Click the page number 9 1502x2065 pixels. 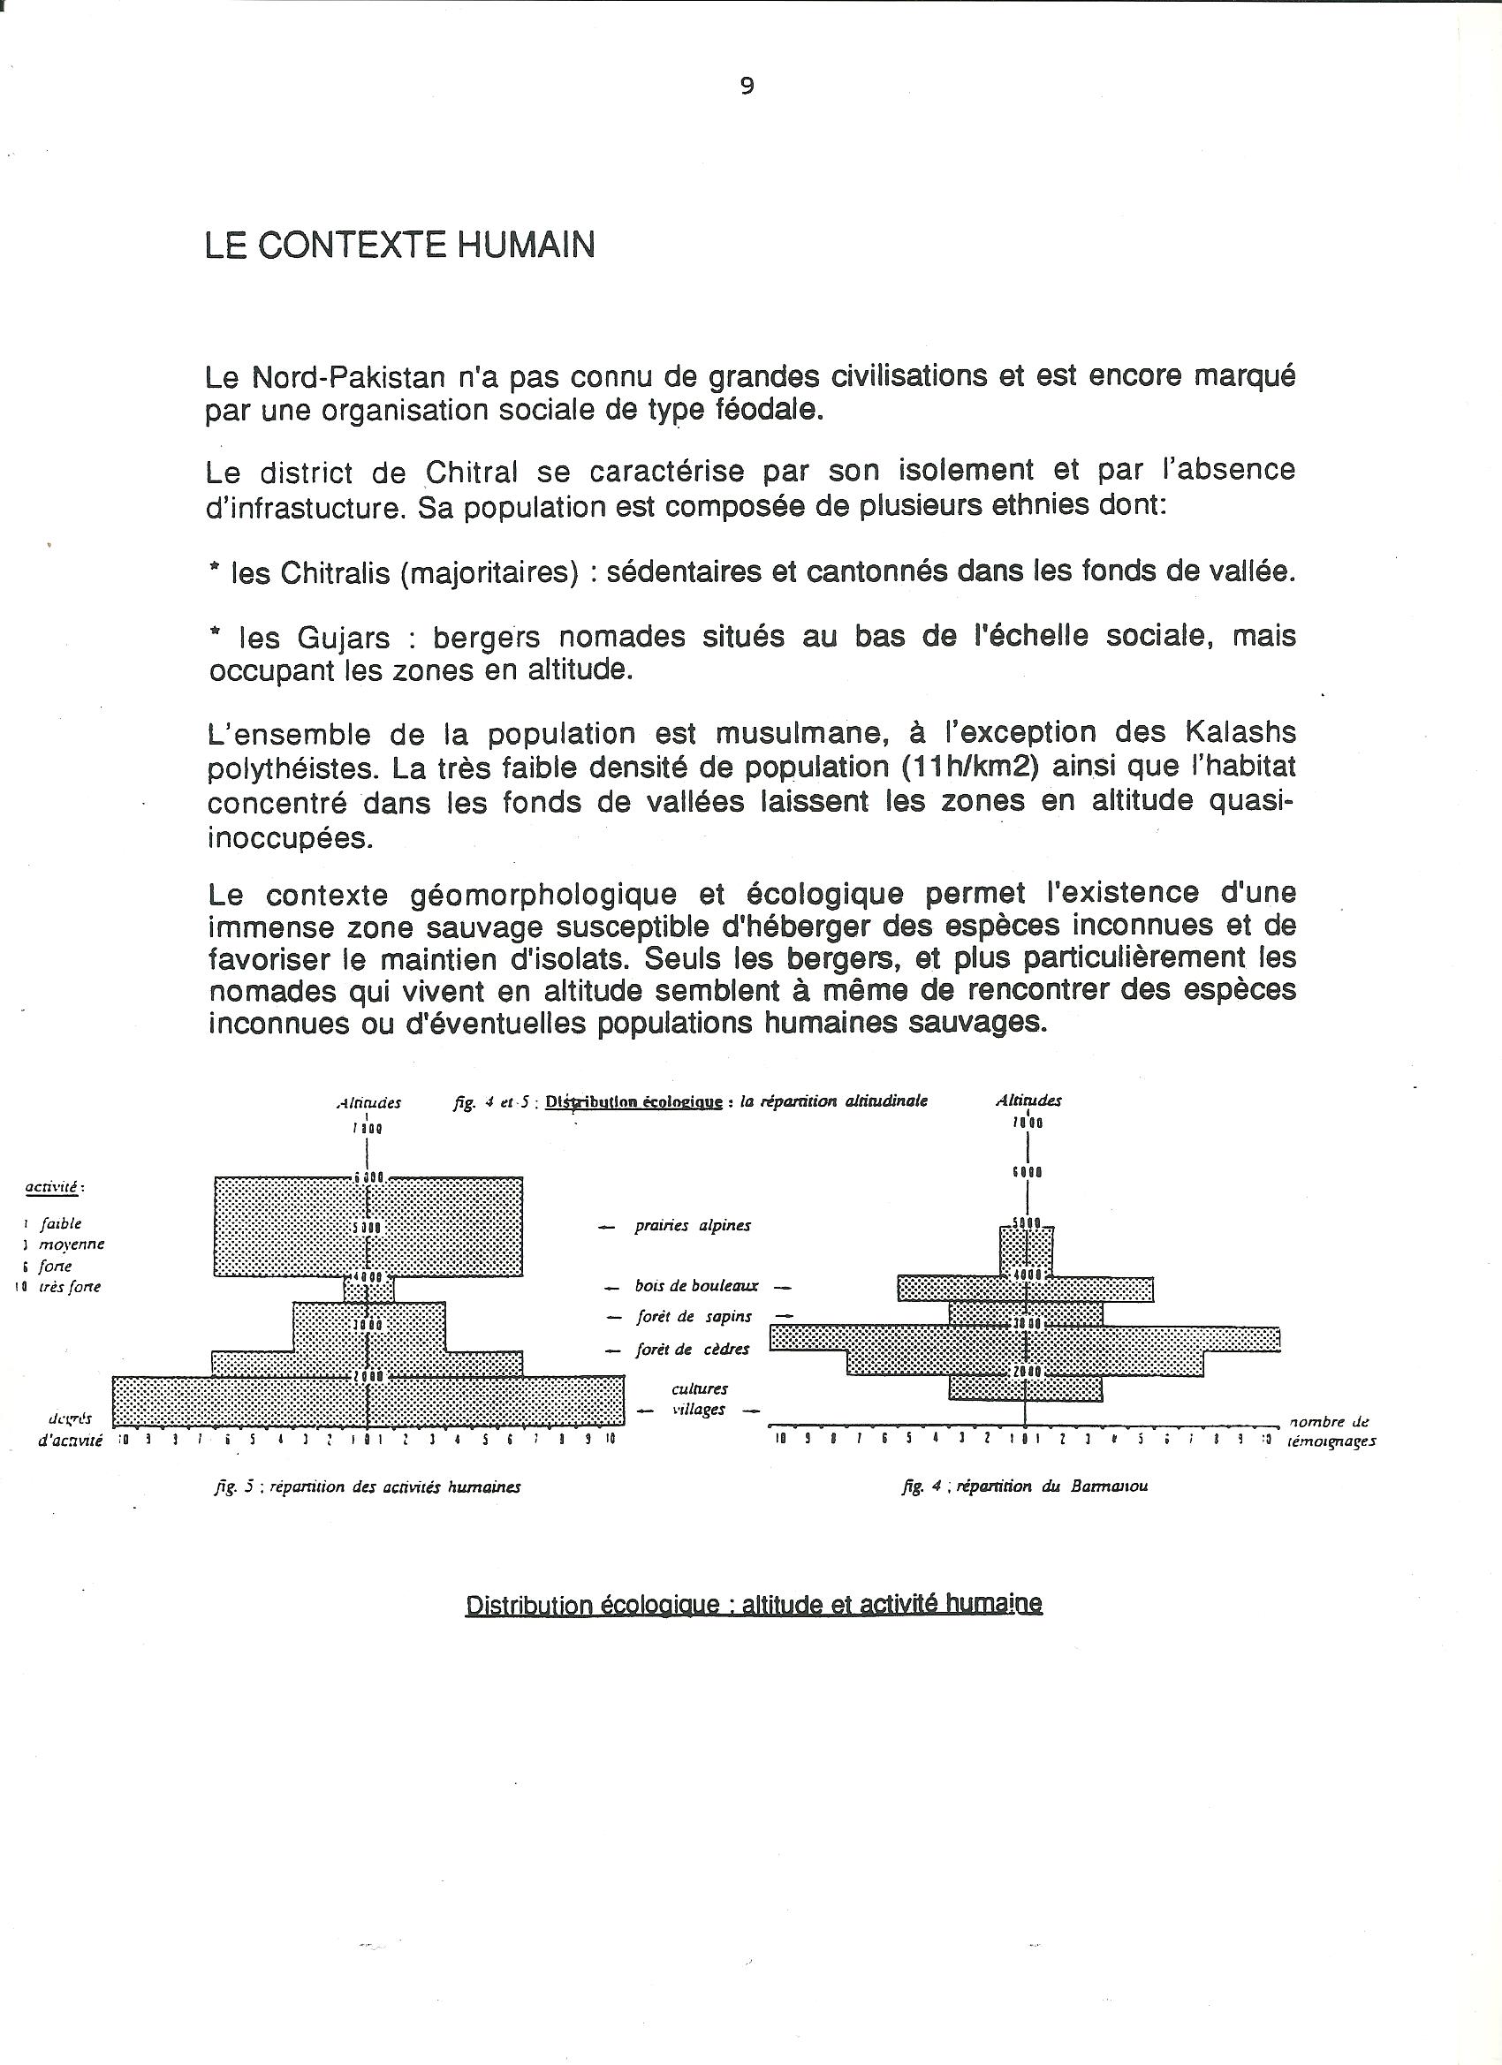point(747,87)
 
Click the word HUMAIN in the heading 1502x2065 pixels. point(526,246)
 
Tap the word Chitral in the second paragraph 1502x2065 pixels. point(472,473)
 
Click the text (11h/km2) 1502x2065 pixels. point(969,768)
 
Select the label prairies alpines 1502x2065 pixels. point(693,1226)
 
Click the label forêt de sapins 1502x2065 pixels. point(694,1317)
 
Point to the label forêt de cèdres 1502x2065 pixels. point(693,1350)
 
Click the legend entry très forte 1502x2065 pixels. point(69,1287)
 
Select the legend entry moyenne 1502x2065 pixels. point(71,1244)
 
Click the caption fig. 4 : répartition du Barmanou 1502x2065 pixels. point(1024,1486)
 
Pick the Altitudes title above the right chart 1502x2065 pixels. point(1028,1100)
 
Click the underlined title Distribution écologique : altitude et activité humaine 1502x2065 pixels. point(754,1603)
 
